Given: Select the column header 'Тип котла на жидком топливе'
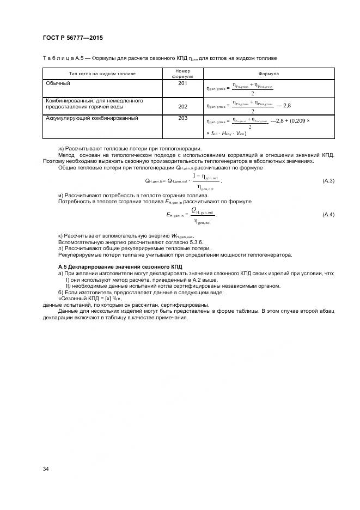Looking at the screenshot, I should tap(102, 74).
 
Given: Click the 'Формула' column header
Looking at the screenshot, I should tap(269, 74).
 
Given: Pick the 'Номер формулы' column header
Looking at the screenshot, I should tap(182, 74).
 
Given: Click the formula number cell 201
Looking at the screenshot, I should tap(182, 83).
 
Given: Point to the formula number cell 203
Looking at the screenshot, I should tap(182, 118).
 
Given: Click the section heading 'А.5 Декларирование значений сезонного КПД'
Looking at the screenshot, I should tap(120, 266).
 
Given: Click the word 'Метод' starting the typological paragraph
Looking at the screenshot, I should tap(66, 155).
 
